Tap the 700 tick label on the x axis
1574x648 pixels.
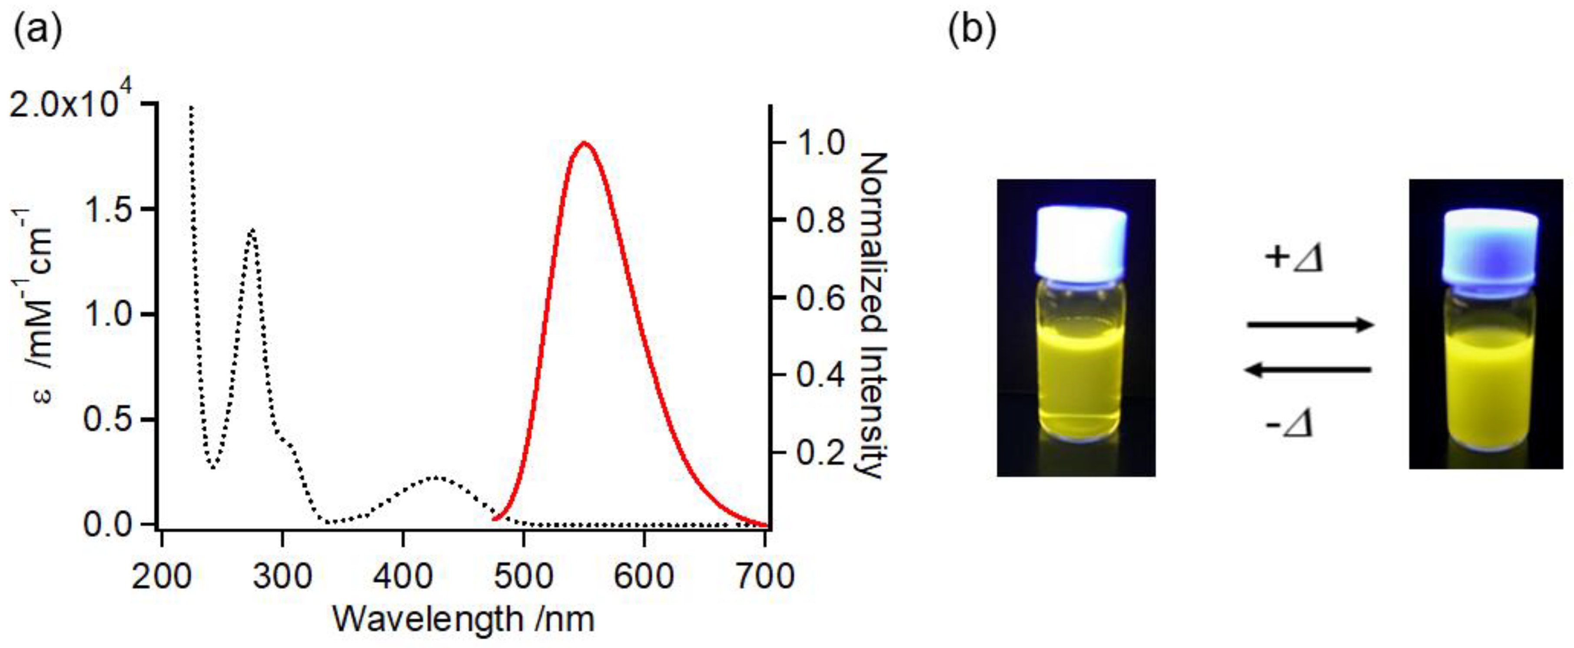[x=764, y=576]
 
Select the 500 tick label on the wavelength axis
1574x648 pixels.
[x=523, y=576]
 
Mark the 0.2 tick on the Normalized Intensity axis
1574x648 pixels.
[x=820, y=452]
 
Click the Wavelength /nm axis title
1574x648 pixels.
[x=463, y=618]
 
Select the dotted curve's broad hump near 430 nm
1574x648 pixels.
[x=436, y=477]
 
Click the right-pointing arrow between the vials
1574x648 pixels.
[x=1309, y=325]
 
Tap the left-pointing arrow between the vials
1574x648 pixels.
[x=1309, y=370]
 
